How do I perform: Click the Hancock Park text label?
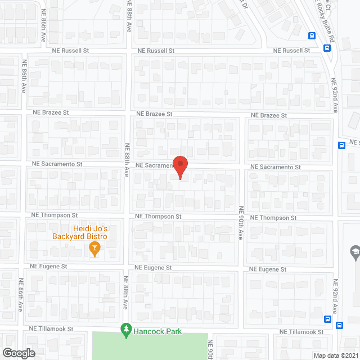pos(157,331)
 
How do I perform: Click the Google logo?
pos(19,353)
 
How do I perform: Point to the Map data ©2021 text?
pos(335,355)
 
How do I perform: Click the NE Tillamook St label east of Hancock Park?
pos(299,332)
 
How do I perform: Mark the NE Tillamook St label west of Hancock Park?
pos(53,327)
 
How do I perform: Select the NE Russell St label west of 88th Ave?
pos(71,50)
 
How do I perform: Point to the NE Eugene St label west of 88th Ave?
pos(49,267)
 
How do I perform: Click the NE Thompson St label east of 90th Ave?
pos(273,218)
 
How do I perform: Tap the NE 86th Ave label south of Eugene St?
pos(21,295)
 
